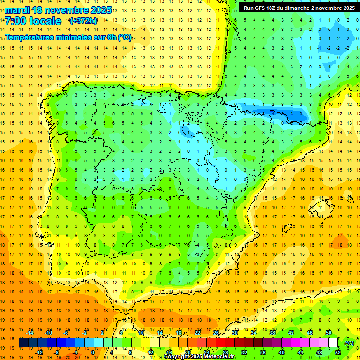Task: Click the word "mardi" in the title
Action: click(17, 10)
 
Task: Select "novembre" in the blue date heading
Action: click(66, 10)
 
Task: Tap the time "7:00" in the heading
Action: click(15, 21)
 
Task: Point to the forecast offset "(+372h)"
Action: click(83, 21)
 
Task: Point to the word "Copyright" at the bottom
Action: click(177, 357)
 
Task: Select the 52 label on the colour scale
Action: click(337, 352)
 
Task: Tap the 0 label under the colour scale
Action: click(92, 352)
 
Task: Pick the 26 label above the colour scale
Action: click(216, 333)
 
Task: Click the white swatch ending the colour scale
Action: click(333, 343)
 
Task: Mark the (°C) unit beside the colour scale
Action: click(349, 343)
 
